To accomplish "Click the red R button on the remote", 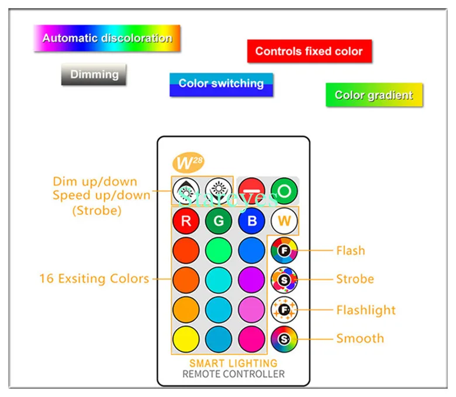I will pos(186,221).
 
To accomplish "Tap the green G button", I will pos(219,221).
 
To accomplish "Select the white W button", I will pos(284,221).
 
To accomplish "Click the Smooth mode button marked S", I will pos(284,339).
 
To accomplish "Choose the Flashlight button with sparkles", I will pos(284,309).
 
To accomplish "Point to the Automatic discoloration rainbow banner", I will pos(107,39).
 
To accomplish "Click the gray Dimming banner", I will pos(94,75).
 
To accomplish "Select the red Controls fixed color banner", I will pos(309,51).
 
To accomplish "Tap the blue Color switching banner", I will pos(221,84).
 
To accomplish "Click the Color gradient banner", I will pos(374,95).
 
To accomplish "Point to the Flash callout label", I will pos(350,250).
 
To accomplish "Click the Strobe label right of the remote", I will pos(354,279).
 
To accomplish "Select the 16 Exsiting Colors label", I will pos(94,278).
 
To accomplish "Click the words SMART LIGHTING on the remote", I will pos(233,363).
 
